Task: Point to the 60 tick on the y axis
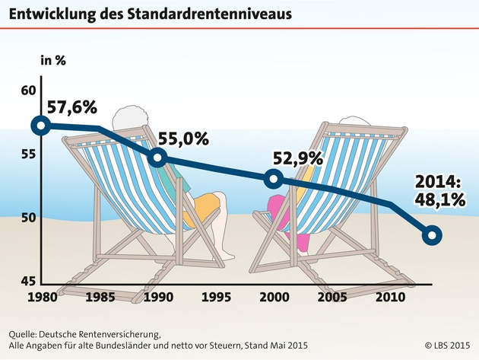click(x=28, y=91)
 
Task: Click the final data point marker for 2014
click(x=431, y=235)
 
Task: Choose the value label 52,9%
click(x=297, y=159)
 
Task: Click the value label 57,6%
click(x=73, y=107)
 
